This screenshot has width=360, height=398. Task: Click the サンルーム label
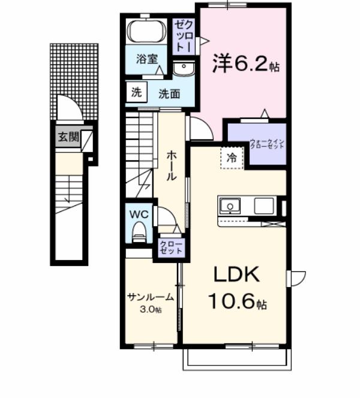150,297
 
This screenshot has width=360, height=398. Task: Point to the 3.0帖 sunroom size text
150,309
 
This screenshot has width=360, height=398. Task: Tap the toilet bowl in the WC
139,231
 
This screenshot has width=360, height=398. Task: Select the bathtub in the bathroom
147,31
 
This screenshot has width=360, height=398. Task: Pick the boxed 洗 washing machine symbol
136,92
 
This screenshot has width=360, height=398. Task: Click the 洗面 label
169,94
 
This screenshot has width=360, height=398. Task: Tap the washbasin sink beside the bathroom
182,68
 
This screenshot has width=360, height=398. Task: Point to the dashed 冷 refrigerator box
232,158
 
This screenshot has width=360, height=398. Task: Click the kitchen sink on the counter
229,207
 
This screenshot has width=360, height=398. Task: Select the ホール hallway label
170,165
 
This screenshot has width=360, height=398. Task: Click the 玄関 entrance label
68,137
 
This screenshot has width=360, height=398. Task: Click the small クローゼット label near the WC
170,248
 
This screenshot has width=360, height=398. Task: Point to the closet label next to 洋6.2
184,37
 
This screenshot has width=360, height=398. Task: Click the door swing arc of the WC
169,218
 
